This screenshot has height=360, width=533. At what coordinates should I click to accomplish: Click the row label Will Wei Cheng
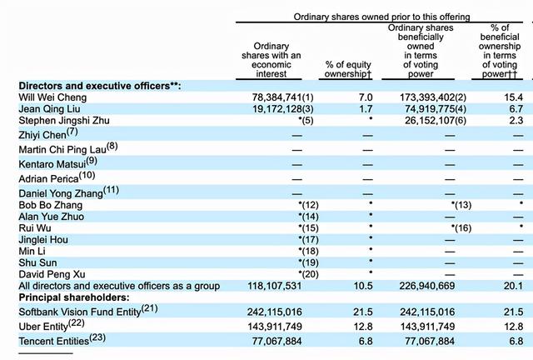click(x=52, y=97)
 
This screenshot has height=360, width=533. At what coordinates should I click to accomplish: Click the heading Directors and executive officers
click(x=100, y=86)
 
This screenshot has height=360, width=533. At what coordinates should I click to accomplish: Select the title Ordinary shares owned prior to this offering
click(x=381, y=17)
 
